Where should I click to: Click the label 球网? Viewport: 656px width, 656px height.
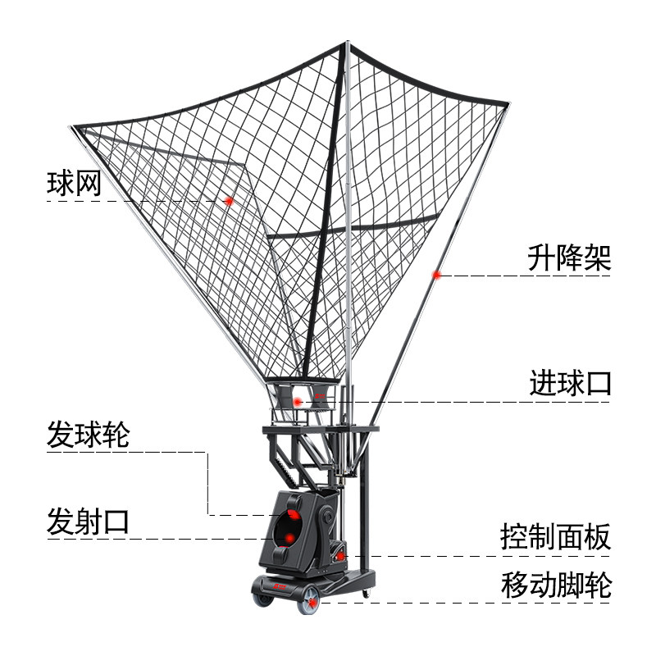(x=74, y=182)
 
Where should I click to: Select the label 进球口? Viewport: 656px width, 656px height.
(x=569, y=384)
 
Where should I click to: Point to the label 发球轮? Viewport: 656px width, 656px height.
(x=88, y=435)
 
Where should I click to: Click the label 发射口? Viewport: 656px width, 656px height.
(x=88, y=521)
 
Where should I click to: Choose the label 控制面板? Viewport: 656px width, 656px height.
(x=555, y=538)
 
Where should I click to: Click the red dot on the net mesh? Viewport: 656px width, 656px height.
(x=230, y=200)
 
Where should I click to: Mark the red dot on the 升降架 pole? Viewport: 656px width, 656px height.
(x=437, y=275)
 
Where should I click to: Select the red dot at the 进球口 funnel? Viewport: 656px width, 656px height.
(x=298, y=400)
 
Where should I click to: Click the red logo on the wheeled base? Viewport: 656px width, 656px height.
(x=279, y=585)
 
